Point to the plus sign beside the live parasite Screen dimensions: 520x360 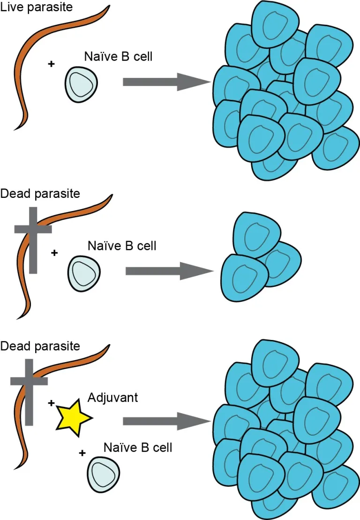[51, 63]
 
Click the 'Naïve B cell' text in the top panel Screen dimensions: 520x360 [118, 56]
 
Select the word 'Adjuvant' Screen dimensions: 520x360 [112, 398]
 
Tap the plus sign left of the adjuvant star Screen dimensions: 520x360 [52, 402]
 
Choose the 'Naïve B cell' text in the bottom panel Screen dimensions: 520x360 [137, 447]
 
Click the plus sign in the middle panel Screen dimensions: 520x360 [54, 253]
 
